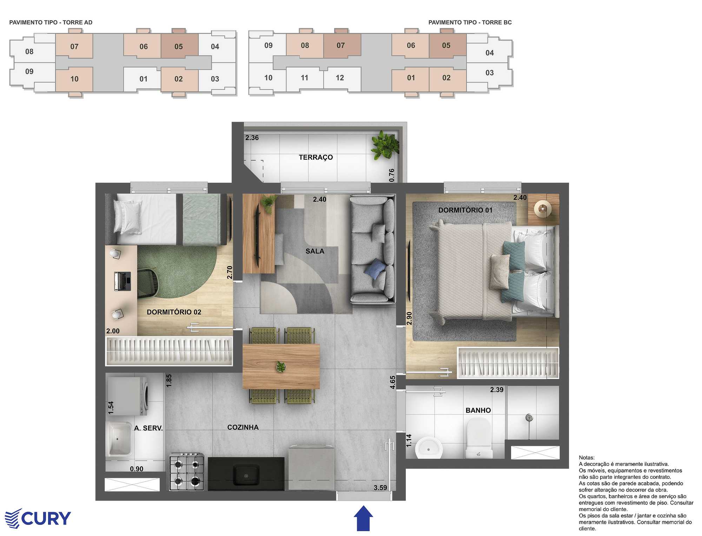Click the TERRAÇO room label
(x=316, y=157)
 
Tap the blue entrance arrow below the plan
(x=363, y=518)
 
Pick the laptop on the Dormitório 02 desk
(x=122, y=281)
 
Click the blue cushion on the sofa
(x=375, y=269)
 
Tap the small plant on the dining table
(x=281, y=366)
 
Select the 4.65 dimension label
(x=393, y=382)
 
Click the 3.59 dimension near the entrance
(x=380, y=488)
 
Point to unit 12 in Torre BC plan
(x=340, y=78)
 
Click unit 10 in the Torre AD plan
(x=74, y=79)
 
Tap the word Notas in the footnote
(x=587, y=458)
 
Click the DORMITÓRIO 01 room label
(x=465, y=210)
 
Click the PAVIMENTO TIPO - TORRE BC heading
(x=470, y=22)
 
